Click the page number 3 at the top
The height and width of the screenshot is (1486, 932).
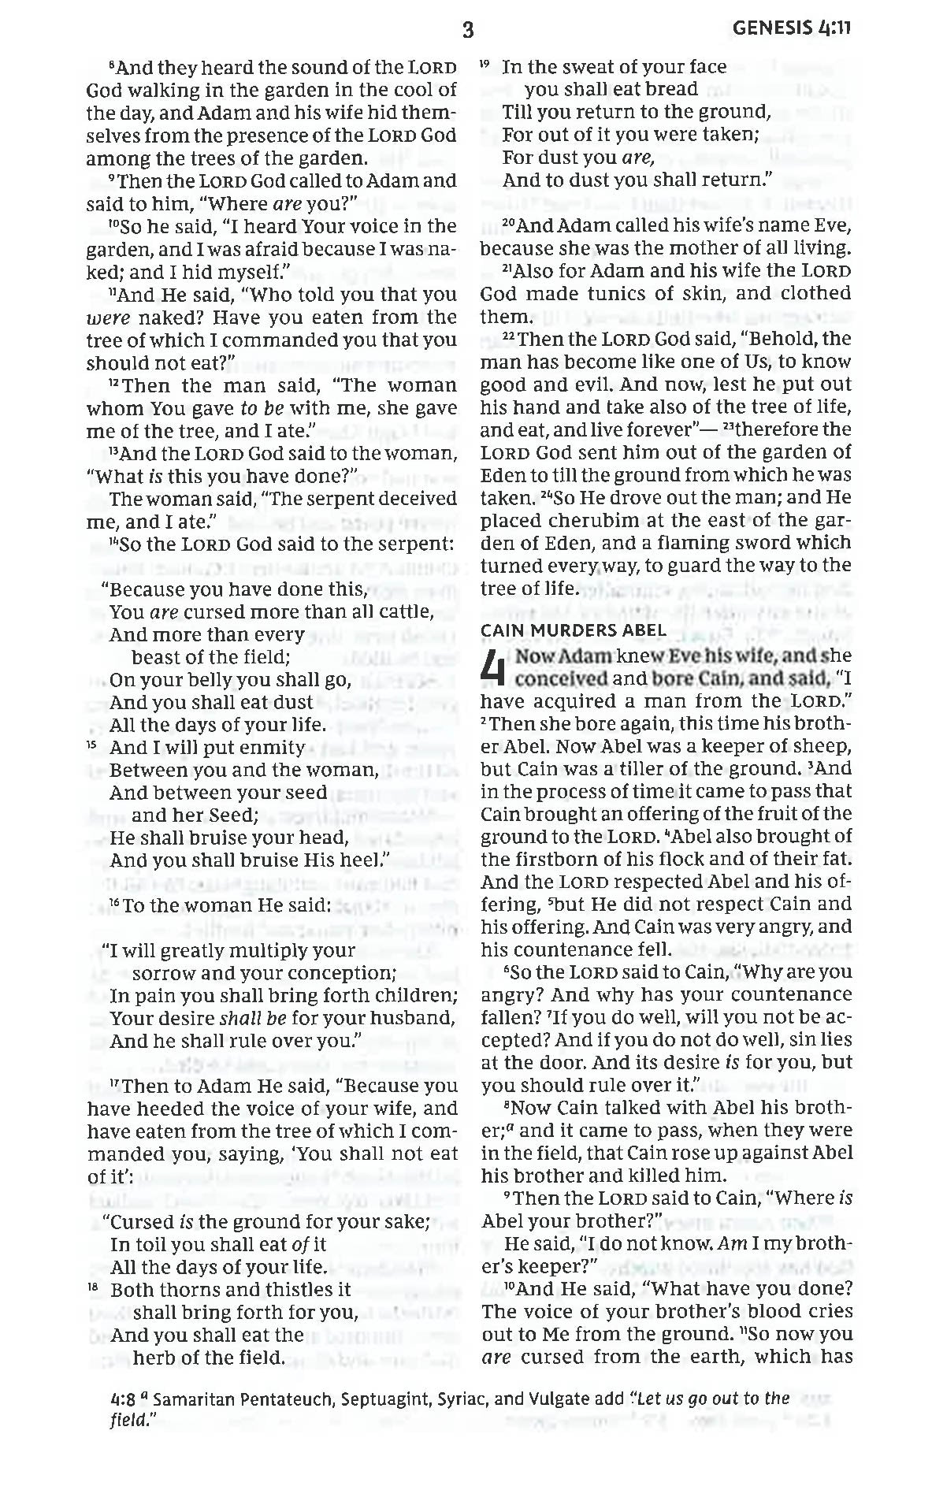pos(468,31)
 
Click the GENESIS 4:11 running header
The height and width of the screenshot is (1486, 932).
pos(792,29)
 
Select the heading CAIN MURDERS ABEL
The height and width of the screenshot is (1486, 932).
pos(573,630)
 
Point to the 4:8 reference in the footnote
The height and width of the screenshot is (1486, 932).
pos(121,1399)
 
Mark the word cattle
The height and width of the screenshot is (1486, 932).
pos(406,612)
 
